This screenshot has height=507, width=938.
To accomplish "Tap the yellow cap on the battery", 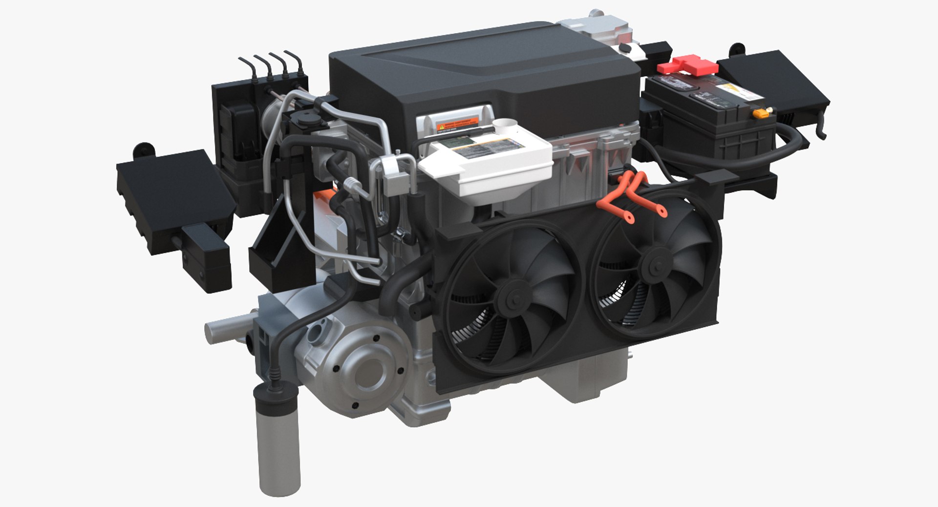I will (x=761, y=113).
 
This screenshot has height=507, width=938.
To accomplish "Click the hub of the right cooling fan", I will (x=655, y=267).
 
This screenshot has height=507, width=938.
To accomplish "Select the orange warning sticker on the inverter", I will (x=457, y=124).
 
